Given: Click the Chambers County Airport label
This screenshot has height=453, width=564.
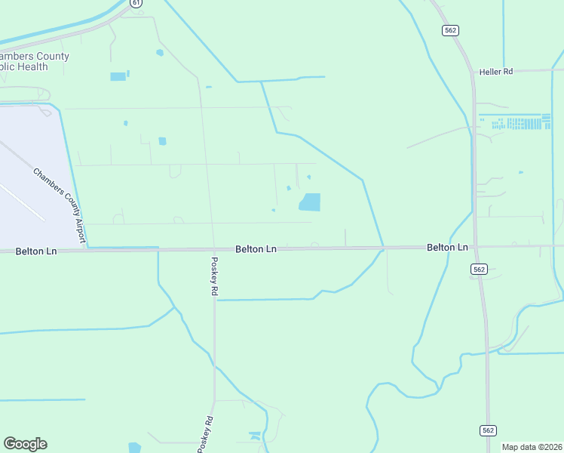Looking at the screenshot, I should pos(57,205).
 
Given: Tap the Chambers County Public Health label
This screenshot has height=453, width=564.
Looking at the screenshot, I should pos(35,61).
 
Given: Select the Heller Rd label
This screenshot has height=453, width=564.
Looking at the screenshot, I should pos(495,72).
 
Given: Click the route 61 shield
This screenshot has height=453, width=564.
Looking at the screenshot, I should pos(135,3).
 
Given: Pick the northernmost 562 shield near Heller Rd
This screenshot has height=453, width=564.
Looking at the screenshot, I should pos(450,30).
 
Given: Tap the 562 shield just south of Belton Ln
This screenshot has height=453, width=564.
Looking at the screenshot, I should pos(479,269).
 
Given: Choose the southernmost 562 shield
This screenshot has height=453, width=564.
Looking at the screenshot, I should pos(488,430).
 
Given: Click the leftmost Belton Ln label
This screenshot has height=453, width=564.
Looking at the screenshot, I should pos(36,251).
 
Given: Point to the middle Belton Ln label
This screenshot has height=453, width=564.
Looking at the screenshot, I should pos(256,248).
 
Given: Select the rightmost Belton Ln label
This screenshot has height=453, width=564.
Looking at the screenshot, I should pos(447,248).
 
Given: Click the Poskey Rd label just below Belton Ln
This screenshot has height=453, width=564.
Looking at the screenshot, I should pos(214,275).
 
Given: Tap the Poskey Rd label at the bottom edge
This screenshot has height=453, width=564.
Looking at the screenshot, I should pos(205,435).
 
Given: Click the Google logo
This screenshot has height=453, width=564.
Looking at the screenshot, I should pos(25,444).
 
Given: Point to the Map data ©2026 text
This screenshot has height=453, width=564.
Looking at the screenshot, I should pos(532,447).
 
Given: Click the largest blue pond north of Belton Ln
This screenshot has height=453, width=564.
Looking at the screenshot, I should pos(310,202).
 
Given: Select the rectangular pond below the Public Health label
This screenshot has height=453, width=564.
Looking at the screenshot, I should pos(118,76).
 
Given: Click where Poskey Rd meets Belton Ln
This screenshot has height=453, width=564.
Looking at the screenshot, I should pos(212,249).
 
